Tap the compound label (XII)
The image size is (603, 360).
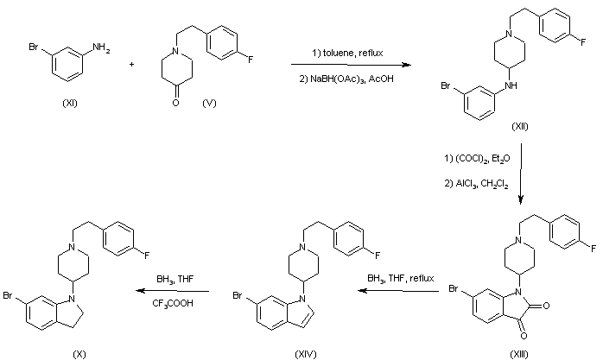(x=520, y=127)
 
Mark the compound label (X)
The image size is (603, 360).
(x=79, y=353)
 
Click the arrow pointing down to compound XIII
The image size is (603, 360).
(x=520, y=173)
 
